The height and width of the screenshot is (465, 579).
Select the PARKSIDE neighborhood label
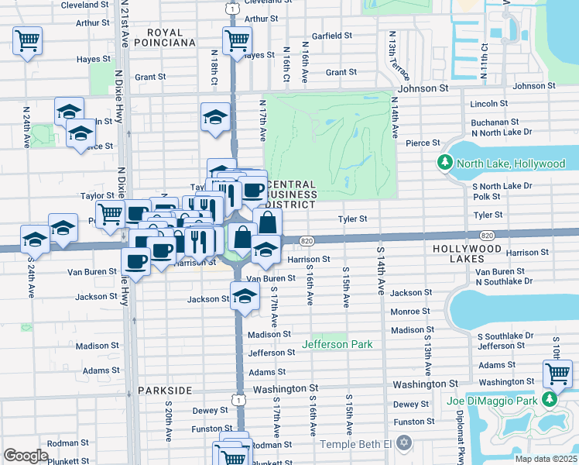point(165,391)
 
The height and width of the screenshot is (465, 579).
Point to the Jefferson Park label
point(337,344)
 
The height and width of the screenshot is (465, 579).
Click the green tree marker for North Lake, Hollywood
point(446,164)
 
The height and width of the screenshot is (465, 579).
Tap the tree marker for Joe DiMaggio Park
point(550,400)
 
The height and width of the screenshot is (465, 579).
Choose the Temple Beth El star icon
point(402,443)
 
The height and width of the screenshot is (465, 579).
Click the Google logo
point(26,455)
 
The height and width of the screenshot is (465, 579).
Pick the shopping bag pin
point(267,222)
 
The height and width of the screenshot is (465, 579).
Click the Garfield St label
point(331,36)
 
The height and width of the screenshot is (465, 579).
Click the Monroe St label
point(409,312)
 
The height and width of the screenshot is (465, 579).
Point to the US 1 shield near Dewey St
point(240,399)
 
